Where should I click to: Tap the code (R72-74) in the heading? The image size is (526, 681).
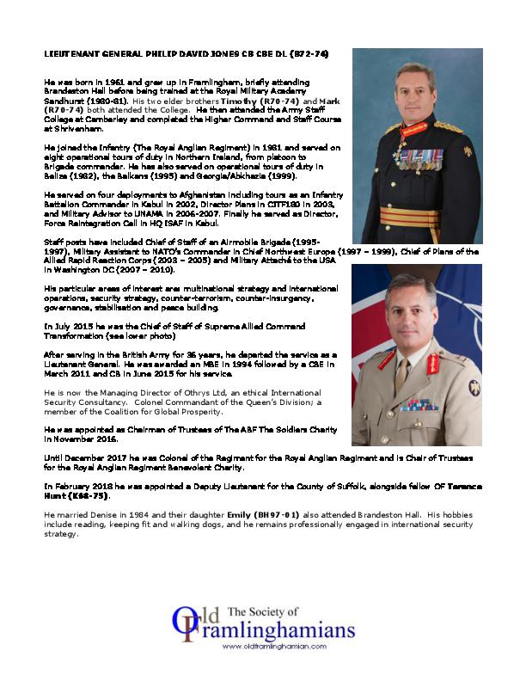(305, 53)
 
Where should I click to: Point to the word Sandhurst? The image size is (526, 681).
(66, 101)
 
